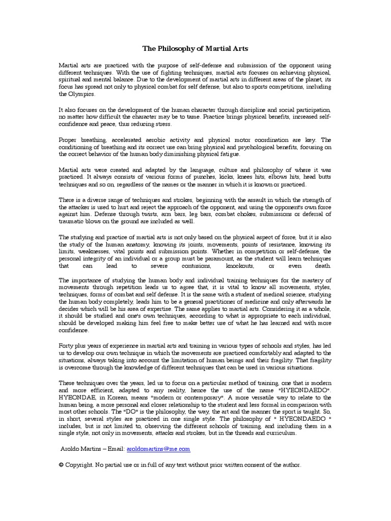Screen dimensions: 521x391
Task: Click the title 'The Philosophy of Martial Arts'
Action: pyautogui.click(x=195, y=48)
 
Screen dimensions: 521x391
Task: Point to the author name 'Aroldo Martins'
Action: pyautogui.click(x=81, y=449)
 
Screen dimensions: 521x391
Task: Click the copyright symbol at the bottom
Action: pyautogui.click(x=62, y=465)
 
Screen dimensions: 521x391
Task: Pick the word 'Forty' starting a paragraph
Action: pyautogui.click(x=67, y=345)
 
